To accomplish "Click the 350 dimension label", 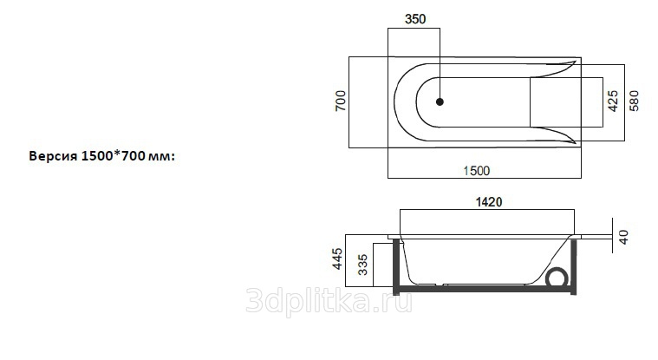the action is [x=415, y=19].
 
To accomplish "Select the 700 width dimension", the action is [x=341, y=101].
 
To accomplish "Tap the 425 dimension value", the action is [x=613, y=101].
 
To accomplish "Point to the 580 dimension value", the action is [x=634, y=101].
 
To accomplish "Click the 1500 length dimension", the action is [x=476, y=171].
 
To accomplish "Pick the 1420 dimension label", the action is [x=489, y=202].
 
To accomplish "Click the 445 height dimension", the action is [x=337, y=259].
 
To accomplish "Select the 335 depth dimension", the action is [x=363, y=265].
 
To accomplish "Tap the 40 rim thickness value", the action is [x=624, y=237].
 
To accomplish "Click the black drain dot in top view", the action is [x=440, y=101].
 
